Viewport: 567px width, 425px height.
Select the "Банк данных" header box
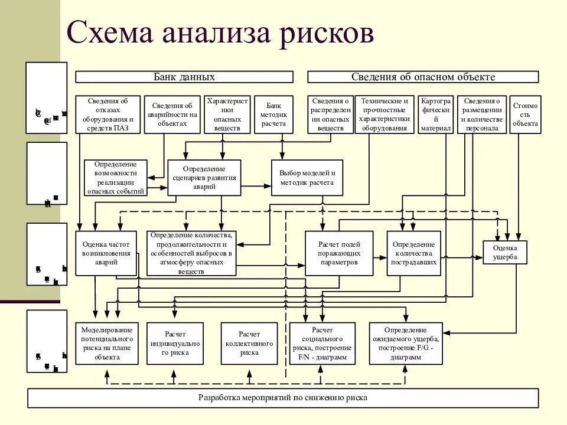[x=184, y=77]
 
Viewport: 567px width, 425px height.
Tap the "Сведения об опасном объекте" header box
[x=423, y=77]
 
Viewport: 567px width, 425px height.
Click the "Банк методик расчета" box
[x=273, y=114]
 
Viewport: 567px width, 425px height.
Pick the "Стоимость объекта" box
[x=525, y=114]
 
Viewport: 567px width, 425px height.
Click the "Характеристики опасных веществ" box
[x=227, y=114]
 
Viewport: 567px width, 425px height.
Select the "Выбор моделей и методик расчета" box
[x=307, y=178]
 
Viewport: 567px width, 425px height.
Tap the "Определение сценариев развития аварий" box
[x=204, y=178]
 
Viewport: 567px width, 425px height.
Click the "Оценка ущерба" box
[x=505, y=252]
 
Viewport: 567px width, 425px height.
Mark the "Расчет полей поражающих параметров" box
[x=339, y=253]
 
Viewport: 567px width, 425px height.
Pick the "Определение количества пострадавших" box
[x=414, y=253]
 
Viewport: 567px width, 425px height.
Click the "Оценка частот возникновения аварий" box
[x=106, y=253]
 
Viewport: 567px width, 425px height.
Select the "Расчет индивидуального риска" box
[x=175, y=343]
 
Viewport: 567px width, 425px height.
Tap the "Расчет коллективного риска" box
[x=249, y=343]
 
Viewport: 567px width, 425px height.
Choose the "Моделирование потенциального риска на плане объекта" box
[x=107, y=343]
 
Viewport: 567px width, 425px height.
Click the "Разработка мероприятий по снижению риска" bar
[x=283, y=398]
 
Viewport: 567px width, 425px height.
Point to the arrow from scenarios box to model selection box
[x=256, y=185]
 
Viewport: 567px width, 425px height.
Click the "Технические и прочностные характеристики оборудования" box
[x=384, y=114]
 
